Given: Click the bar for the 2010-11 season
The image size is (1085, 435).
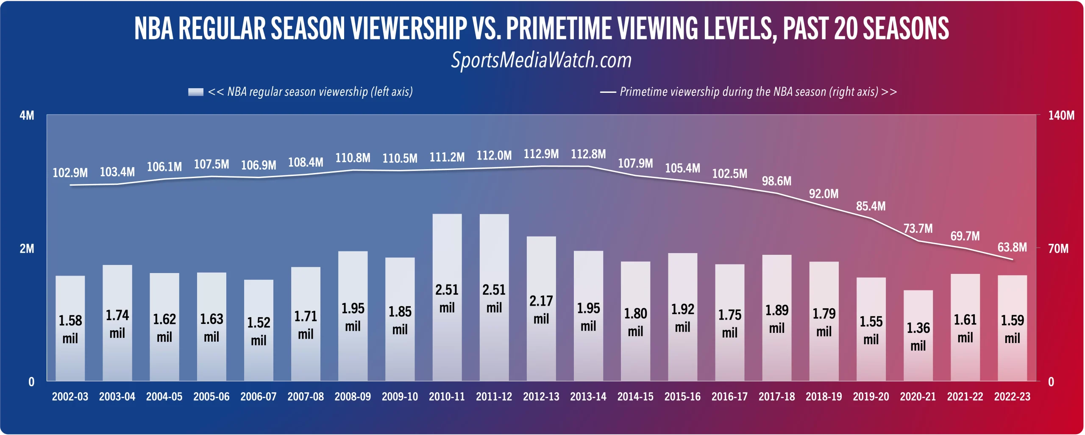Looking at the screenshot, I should [447, 297].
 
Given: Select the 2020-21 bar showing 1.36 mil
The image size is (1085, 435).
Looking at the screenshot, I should [918, 335].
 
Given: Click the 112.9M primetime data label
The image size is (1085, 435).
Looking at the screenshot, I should [541, 154].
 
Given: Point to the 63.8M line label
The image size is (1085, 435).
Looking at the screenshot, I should [1012, 247].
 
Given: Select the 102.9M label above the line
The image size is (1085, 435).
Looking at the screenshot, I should [70, 173].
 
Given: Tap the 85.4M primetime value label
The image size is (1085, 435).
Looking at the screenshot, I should [871, 206].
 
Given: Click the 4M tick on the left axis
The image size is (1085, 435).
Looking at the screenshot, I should [27, 115].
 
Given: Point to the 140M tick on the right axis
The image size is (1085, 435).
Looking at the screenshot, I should [1061, 115].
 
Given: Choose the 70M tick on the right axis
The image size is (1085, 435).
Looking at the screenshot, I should [1058, 248].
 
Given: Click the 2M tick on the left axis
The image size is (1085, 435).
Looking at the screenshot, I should [27, 248].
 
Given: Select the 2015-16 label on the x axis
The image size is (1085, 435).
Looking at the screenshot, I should [682, 397].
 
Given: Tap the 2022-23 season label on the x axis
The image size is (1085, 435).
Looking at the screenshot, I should [1012, 397].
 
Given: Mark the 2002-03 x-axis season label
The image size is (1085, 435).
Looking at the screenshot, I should [70, 397].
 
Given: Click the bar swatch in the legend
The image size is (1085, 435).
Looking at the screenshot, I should [195, 92].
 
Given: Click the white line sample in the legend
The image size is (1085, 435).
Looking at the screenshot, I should [608, 92].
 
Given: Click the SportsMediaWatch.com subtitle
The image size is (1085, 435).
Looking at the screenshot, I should [541, 60].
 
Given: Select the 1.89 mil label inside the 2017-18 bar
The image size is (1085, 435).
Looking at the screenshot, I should [776, 319].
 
